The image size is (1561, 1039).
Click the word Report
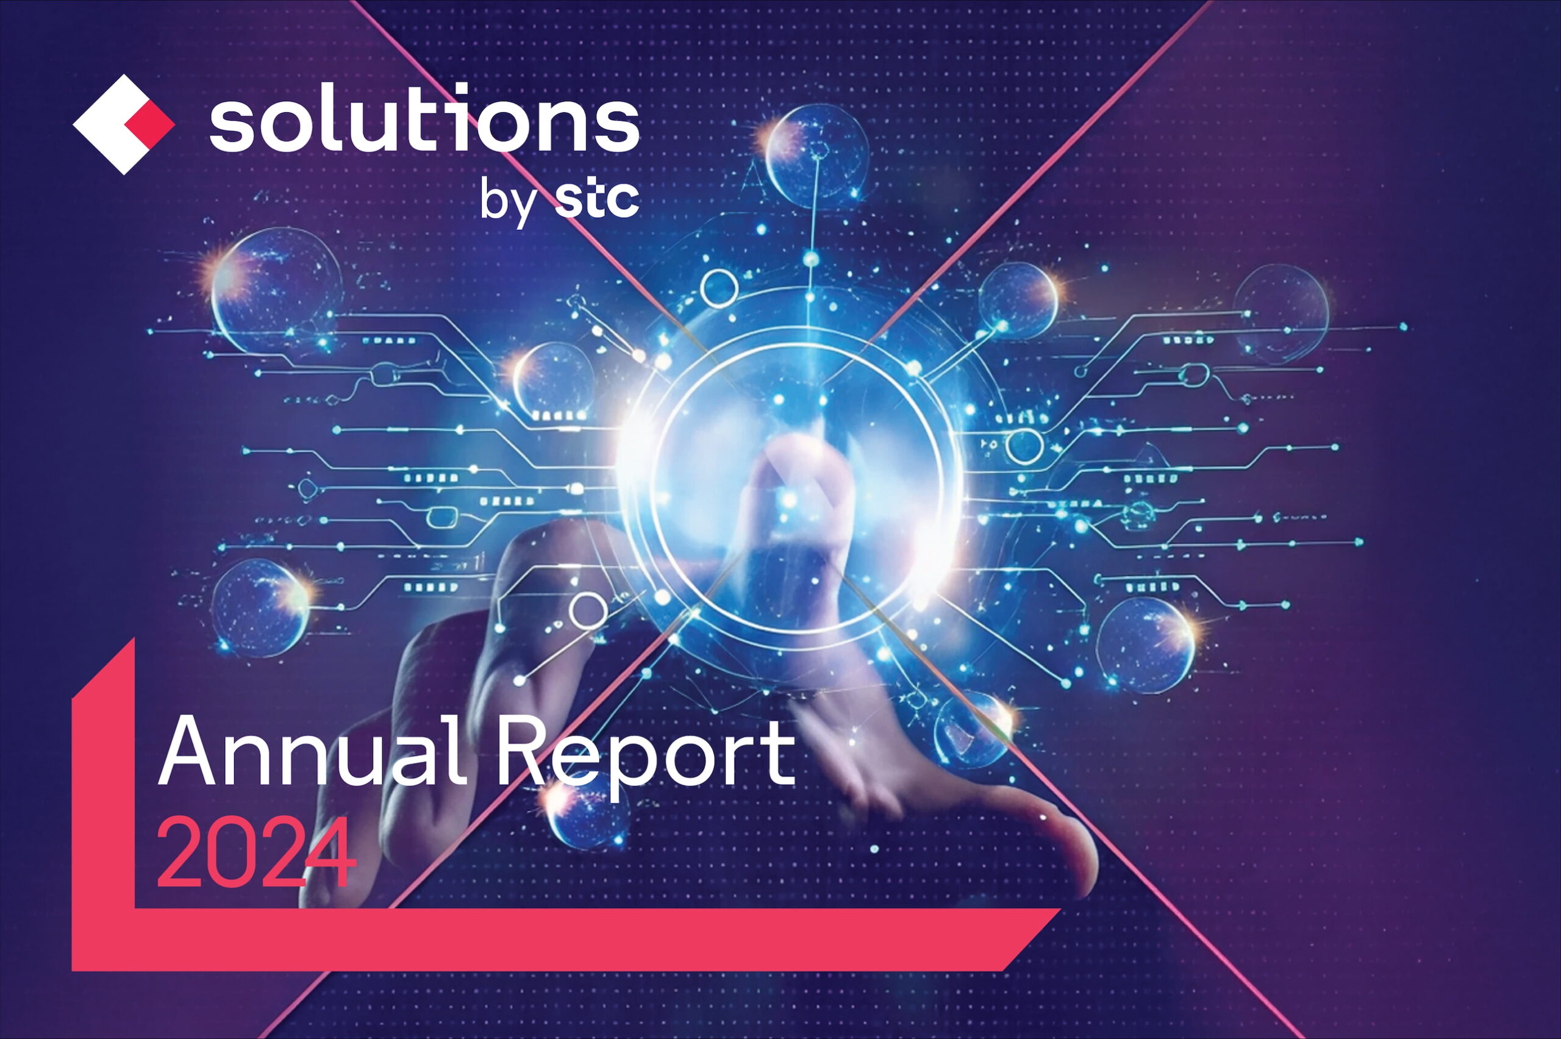tap(646, 759)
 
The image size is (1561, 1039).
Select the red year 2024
tap(257, 852)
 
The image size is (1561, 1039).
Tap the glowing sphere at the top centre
tap(816, 155)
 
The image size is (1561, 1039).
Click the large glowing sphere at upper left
tap(276, 290)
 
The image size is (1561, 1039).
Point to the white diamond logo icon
tap(123, 124)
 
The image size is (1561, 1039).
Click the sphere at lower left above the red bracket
tap(260, 608)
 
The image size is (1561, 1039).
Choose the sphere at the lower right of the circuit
tap(1146, 644)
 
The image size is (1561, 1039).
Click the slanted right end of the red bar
tap(1031, 939)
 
